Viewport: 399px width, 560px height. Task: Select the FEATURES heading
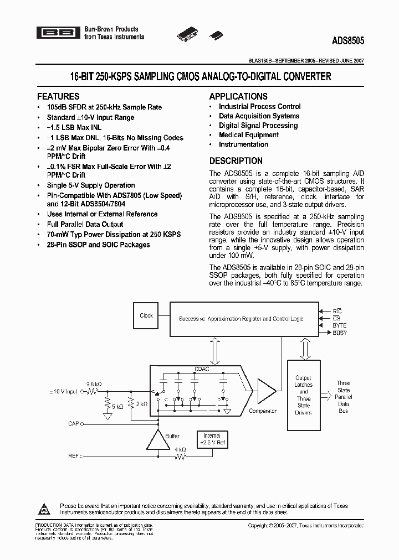[58, 96]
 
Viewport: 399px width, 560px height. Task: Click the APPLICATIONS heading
[238, 96]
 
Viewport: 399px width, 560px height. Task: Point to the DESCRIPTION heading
[236, 160]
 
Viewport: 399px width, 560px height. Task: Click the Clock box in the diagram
[146, 316]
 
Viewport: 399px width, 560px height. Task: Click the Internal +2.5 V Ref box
[212, 439]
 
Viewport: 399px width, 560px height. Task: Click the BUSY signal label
[340, 333]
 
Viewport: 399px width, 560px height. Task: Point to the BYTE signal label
[340, 326]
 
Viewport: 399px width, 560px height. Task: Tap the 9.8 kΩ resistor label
[93, 383]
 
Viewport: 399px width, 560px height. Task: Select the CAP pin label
[74, 423]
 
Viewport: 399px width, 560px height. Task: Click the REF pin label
[74, 457]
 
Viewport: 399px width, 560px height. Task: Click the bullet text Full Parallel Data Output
[85, 224]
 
